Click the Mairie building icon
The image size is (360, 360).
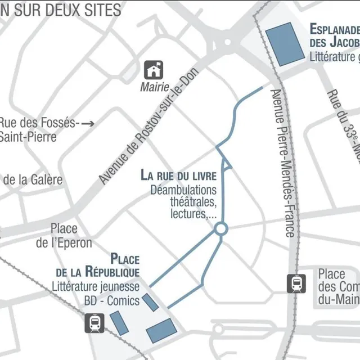[x=154, y=70]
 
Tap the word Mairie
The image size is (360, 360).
[x=155, y=87]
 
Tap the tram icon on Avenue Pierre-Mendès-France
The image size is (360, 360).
[x=296, y=283]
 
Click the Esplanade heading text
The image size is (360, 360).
[x=334, y=35]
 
